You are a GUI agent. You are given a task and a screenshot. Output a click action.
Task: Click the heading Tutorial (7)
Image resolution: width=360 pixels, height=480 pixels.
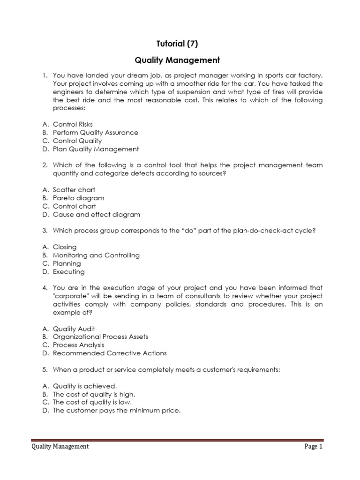point(177,44)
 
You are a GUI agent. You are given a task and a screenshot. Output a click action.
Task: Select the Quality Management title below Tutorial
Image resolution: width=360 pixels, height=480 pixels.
point(177,60)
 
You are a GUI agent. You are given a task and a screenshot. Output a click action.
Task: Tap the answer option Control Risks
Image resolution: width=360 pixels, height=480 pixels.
point(73,125)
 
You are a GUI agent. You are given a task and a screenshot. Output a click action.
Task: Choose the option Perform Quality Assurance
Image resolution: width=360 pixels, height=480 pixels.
point(95,133)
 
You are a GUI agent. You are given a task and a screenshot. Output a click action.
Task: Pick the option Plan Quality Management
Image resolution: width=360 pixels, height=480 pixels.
point(96,149)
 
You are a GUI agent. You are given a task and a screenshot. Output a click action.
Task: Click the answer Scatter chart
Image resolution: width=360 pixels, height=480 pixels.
point(74,190)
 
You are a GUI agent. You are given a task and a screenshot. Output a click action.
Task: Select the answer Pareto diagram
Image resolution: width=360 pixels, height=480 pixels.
point(78,198)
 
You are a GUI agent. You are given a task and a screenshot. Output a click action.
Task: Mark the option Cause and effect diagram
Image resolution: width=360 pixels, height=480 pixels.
point(96,215)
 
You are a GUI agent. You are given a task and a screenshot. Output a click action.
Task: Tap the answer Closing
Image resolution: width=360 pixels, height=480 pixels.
point(65,247)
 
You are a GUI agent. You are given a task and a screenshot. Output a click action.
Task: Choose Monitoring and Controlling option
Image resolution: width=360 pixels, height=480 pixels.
point(96,255)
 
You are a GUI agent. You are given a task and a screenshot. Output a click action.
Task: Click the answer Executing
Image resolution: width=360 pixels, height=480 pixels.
point(68,272)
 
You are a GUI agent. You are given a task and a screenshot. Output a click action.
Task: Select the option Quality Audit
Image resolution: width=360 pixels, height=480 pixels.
point(74,329)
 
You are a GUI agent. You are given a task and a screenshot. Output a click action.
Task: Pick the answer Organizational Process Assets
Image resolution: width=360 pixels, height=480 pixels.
point(100,337)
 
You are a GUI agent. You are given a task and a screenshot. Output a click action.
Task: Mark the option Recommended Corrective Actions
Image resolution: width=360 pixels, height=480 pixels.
point(110,353)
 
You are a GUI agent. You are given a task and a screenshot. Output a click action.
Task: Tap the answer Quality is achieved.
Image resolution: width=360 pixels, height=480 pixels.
point(84,386)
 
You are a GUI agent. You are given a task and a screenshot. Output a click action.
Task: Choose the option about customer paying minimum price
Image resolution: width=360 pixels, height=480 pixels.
point(116,411)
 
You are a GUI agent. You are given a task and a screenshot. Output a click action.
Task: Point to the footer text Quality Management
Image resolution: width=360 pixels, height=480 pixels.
point(60,447)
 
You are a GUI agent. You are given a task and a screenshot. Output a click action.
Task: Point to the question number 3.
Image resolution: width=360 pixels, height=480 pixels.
point(45,231)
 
